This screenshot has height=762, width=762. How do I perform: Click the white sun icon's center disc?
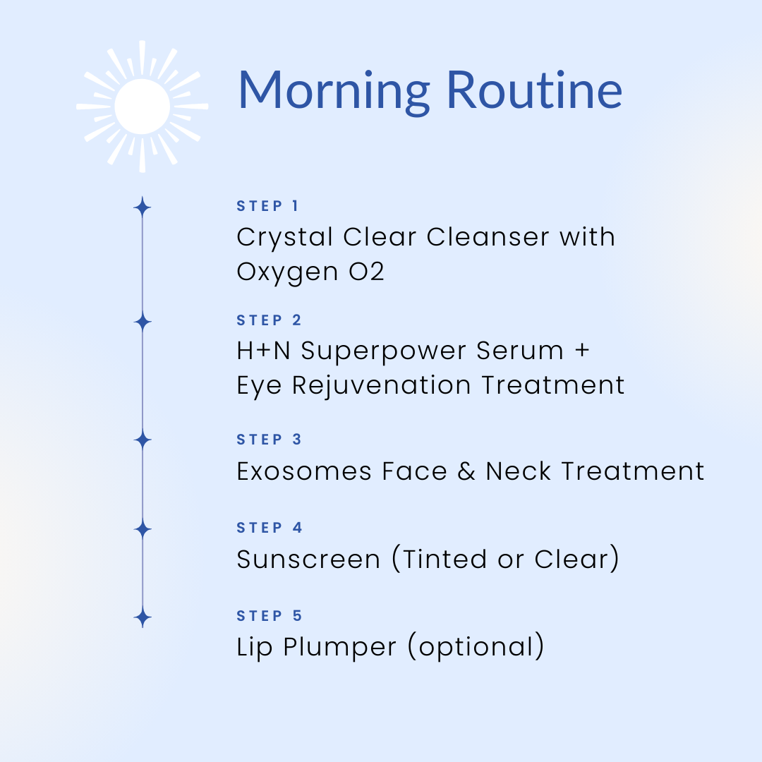tap(143, 107)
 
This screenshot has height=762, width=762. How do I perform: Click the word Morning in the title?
tap(334, 92)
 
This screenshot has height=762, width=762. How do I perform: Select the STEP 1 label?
tap(267, 206)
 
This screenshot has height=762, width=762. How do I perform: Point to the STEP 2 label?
tap(270, 320)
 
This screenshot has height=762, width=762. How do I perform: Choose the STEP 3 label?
tap(270, 440)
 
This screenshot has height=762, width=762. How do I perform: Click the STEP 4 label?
tap(270, 527)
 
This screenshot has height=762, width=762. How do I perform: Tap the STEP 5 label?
tap(270, 616)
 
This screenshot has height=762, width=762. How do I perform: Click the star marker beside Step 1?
tap(143, 207)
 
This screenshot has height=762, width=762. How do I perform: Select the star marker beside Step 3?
tap(143, 440)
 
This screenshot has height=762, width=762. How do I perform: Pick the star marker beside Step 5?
tap(143, 618)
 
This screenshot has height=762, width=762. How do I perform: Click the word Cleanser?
tap(488, 237)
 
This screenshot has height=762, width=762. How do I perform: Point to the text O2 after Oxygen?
tap(366, 272)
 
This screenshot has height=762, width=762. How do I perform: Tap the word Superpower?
tap(383, 352)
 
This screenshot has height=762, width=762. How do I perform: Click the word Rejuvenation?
tap(382, 387)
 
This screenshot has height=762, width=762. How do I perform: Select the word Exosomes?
tap(304, 471)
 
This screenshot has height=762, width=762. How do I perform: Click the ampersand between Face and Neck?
tap(466, 471)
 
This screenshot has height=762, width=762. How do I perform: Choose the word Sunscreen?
tap(308, 560)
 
